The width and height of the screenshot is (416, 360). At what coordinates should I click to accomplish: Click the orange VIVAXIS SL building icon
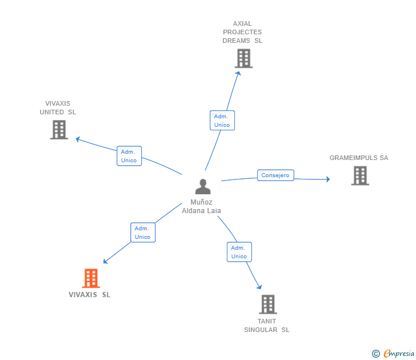(x=91, y=278)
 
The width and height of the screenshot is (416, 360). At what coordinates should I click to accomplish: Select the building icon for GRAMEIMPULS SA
(x=360, y=175)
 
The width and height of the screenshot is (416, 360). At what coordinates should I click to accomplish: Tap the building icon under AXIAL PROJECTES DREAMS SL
(x=243, y=58)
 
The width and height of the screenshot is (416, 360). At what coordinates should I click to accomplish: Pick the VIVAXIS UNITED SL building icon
(x=59, y=130)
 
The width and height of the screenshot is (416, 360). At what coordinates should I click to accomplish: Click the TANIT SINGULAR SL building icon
(x=268, y=305)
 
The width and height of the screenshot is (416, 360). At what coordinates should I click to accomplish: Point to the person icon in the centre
(x=203, y=186)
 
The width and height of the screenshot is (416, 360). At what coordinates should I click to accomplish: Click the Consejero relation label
(x=275, y=175)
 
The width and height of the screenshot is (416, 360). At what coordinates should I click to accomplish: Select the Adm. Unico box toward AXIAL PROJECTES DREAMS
(x=222, y=121)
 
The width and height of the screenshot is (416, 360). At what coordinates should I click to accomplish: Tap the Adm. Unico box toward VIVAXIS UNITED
(x=129, y=156)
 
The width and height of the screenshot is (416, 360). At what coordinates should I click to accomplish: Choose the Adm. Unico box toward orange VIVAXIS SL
(x=143, y=233)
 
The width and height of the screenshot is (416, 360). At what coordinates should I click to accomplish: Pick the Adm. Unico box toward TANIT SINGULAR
(x=239, y=252)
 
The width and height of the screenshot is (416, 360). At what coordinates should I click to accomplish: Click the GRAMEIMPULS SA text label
(x=359, y=158)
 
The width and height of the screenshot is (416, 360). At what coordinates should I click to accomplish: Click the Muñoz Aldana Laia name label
(x=201, y=206)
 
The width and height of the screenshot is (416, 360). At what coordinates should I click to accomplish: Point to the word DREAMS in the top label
(x=236, y=41)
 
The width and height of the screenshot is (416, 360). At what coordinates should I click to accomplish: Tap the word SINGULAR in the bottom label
(x=261, y=330)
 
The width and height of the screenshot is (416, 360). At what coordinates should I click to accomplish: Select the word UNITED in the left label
(x=52, y=112)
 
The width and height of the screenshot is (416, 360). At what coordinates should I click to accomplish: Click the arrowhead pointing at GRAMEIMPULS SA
(x=328, y=179)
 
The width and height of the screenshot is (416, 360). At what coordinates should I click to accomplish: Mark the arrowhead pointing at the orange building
(x=105, y=262)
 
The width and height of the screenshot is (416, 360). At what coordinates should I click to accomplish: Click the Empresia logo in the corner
(x=399, y=354)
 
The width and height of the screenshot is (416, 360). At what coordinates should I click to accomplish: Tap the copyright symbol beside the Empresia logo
(x=375, y=354)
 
